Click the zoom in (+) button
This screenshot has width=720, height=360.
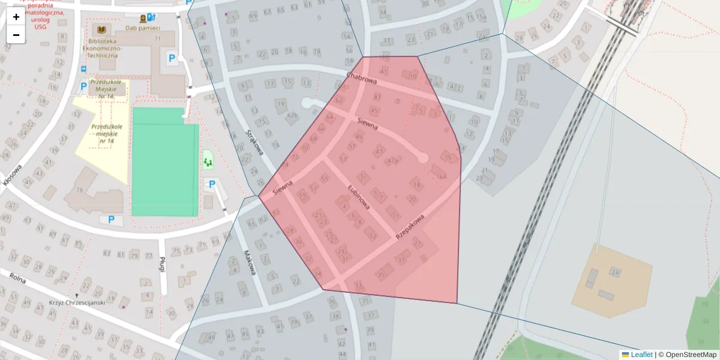tap(16, 17)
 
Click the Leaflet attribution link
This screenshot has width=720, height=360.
tap(641, 355)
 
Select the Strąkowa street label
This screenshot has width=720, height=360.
tap(255, 143)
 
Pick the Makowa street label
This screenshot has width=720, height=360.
tap(249, 262)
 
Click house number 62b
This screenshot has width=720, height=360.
tap(292, 115)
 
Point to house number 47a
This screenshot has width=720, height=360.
tap(393, 161)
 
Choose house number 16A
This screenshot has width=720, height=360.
tap(442, 176)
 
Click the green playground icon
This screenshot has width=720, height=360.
tap(208, 161)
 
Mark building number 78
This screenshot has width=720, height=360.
tap(80, 190)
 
